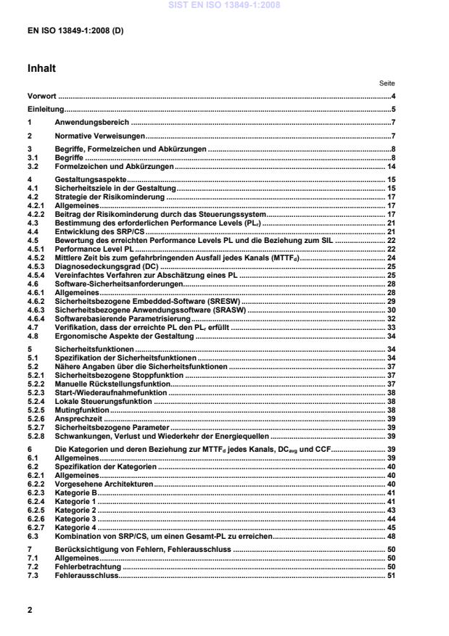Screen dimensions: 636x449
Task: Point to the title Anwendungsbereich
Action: point(92,123)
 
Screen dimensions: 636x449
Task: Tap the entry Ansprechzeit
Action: point(78,419)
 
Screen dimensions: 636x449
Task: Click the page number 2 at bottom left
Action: point(30,610)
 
